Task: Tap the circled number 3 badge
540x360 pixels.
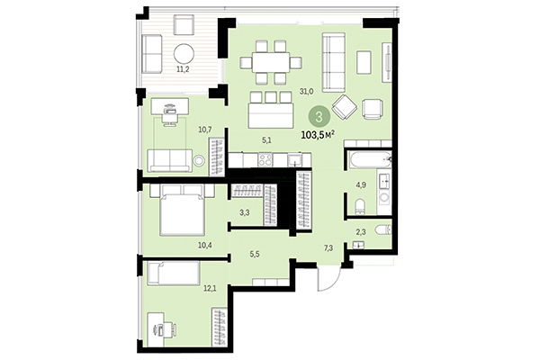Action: tap(318, 115)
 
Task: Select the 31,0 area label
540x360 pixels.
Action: tap(306, 91)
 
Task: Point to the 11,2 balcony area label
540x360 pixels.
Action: tap(181, 68)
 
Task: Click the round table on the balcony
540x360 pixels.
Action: tap(184, 51)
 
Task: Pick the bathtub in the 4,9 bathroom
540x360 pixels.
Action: tap(368, 162)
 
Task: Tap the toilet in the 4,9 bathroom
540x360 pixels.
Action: tap(358, 206)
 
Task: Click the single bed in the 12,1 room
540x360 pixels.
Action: tap(171, 273)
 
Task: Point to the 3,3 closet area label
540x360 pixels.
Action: tap(245, 213)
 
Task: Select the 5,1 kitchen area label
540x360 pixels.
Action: tap(266, 140)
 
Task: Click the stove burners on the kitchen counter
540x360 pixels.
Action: tap(265, 159)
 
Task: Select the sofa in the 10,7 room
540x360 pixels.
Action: tap(170, 160)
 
